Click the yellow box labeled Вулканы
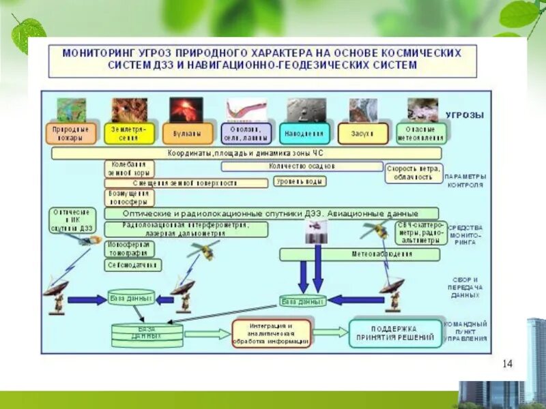pos(186,134)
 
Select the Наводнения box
pos(304,134)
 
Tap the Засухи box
pos(362,134)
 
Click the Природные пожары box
pos(71,134)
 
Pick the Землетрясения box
pos(128,134)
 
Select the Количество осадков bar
pos(302,166)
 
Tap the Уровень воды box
pos(300,181)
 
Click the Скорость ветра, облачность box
pos(414,173)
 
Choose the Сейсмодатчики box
pos(133,264)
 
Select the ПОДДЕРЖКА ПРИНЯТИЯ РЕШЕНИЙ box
pos(395,333)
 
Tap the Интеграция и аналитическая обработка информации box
pos(271,334)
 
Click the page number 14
pos(507,363)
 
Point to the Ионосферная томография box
pos(129,248)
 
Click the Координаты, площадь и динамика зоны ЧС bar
pos(246,153)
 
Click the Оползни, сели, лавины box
pos(246,134)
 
